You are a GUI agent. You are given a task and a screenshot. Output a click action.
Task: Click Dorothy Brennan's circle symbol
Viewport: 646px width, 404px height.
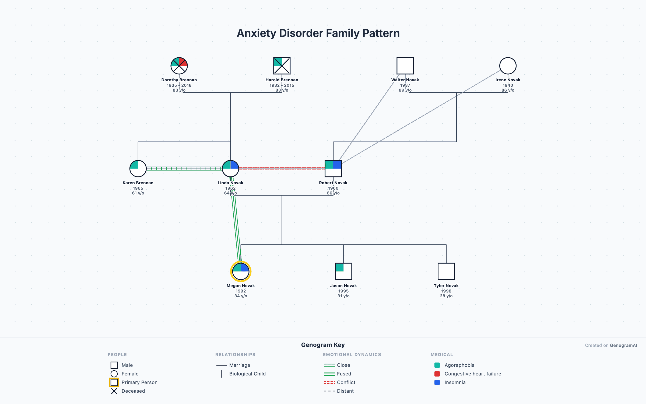[179, 66]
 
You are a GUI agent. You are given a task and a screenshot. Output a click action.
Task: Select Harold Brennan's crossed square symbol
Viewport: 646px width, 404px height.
[282, 66]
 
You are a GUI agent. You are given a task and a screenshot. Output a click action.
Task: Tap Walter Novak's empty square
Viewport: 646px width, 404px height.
[405, 66]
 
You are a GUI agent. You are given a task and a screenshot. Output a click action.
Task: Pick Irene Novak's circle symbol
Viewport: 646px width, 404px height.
[508, 66]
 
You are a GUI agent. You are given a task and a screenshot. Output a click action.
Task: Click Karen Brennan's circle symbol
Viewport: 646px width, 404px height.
[138, 169]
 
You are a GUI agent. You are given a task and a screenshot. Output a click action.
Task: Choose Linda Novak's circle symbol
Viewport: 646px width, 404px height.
[230, 169]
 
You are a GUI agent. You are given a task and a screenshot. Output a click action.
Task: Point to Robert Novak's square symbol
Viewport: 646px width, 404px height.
[333, 169]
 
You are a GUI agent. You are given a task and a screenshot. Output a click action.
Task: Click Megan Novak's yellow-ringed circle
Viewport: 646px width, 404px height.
[241, 271]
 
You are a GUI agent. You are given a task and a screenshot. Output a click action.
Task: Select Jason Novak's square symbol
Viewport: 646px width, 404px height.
[343, 271]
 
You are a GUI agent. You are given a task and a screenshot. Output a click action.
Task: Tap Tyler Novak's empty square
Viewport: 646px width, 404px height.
[446, 271]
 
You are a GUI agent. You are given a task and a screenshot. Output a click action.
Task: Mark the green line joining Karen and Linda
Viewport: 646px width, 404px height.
[184, 169]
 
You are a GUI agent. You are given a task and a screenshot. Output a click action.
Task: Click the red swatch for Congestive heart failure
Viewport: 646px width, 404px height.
[437, 374]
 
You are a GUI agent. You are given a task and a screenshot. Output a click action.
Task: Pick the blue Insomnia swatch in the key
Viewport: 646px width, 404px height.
[437, 382]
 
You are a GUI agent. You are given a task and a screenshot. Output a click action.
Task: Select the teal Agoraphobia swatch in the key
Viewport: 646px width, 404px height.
[437, 365]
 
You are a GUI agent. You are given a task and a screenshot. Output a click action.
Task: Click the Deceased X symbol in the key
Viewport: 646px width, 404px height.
[114, 391]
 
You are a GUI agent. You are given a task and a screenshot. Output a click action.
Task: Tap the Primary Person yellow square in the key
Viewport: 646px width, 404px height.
[114, 382]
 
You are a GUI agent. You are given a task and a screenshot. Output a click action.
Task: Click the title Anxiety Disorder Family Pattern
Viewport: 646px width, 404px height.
[318, 33]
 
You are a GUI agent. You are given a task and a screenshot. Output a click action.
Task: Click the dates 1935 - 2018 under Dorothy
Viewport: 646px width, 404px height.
[179, 85]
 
